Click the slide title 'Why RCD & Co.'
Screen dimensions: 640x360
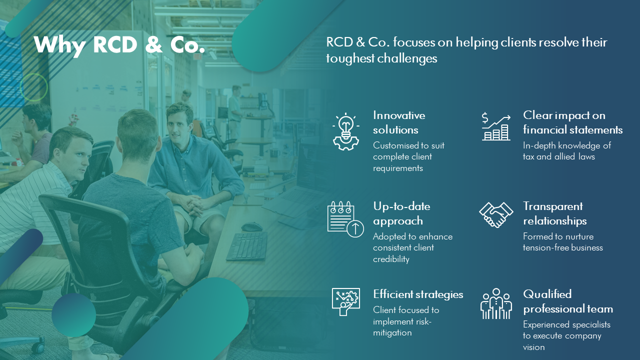click(x=119, y=45)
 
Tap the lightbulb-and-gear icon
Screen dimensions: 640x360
click(x=346, y=131)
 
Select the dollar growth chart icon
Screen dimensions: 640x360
click(x=496, y=126)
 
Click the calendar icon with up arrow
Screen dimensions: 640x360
click(x=345, y=219)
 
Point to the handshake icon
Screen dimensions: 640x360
click(x=496, y=215)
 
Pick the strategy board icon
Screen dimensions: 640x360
click(x=345, y=301)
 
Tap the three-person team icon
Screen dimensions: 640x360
click(x=496, y=303)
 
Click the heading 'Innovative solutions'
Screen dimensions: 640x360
click(x=399, y=122)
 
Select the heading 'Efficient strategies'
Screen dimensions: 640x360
click(x=418, y=294)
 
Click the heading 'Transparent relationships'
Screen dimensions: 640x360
click(x=554, y=213)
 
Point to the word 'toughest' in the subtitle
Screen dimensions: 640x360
click(x=350, y=58)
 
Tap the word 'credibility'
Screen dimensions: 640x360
click(x=391, y=259)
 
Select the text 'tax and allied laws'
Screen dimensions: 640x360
click(x=558, y=156)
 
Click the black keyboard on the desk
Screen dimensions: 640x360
click(x=247, y=246)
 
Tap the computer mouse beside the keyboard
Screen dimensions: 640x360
click(x=251, y=226)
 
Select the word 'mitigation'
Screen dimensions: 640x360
click(x=392, y=333)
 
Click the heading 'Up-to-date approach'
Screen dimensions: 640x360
click(x=401, y=213)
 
